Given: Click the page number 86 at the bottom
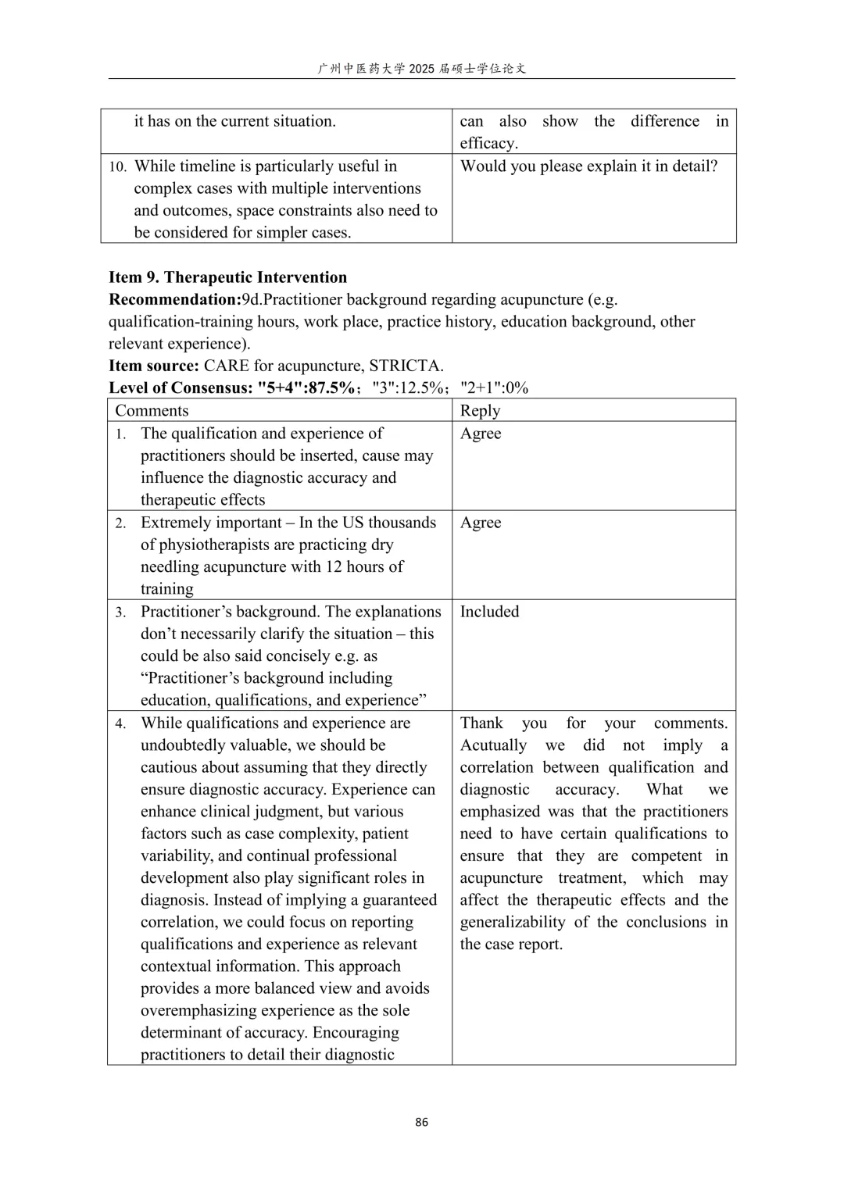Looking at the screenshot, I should tap(421, 1122).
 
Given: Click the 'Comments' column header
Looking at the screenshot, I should tap(152, 411).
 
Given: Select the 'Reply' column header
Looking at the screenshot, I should tap(480, 411).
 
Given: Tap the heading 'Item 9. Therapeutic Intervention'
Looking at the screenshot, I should tap(227, 277).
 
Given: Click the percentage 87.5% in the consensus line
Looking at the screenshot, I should tap(331, 388).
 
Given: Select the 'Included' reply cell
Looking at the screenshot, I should tap(489, 612).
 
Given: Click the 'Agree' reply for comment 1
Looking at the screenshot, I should tap(481, 434).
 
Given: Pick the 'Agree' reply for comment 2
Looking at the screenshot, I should tap(481, 523).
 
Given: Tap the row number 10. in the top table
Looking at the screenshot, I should tap(117, 167).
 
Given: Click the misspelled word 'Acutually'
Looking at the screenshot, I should tap(493, 745).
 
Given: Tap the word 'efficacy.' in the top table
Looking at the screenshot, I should tap(488, 143).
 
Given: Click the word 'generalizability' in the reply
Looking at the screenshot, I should tap(512, 922).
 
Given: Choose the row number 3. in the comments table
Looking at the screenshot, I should tap(120, 613).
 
